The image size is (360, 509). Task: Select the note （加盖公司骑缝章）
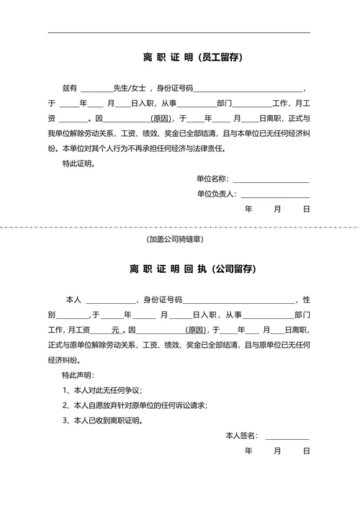tap(174, 238)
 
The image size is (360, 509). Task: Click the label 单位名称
tap(212, 179)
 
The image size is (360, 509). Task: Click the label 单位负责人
tap(215, 194)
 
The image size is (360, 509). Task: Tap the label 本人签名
tap(241, 436)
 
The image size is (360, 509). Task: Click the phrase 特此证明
tap(78, 163)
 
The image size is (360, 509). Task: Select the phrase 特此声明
tap(78, 375)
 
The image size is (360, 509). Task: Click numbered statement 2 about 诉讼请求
tap(135, 405)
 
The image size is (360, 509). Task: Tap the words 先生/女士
tap(130, 88)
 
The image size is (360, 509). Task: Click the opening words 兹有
tap(69, 88)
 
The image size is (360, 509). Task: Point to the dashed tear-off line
tap(180, 226)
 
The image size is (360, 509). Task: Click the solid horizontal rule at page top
tap(179, 32)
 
